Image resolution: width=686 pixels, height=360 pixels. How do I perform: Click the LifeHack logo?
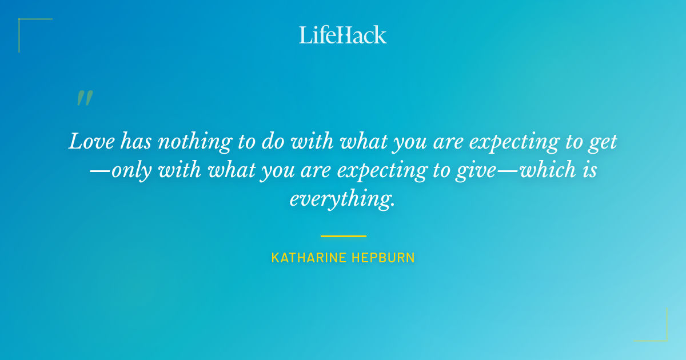(x=343, y=35)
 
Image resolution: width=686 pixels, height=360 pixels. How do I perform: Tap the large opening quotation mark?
(x=84, y=98)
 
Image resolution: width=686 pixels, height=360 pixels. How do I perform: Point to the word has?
(x=134, y=141)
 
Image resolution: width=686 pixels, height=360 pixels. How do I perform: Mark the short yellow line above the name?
(x=343, y=236)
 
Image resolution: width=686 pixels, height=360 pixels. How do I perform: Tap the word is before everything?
(x=589, y=170)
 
